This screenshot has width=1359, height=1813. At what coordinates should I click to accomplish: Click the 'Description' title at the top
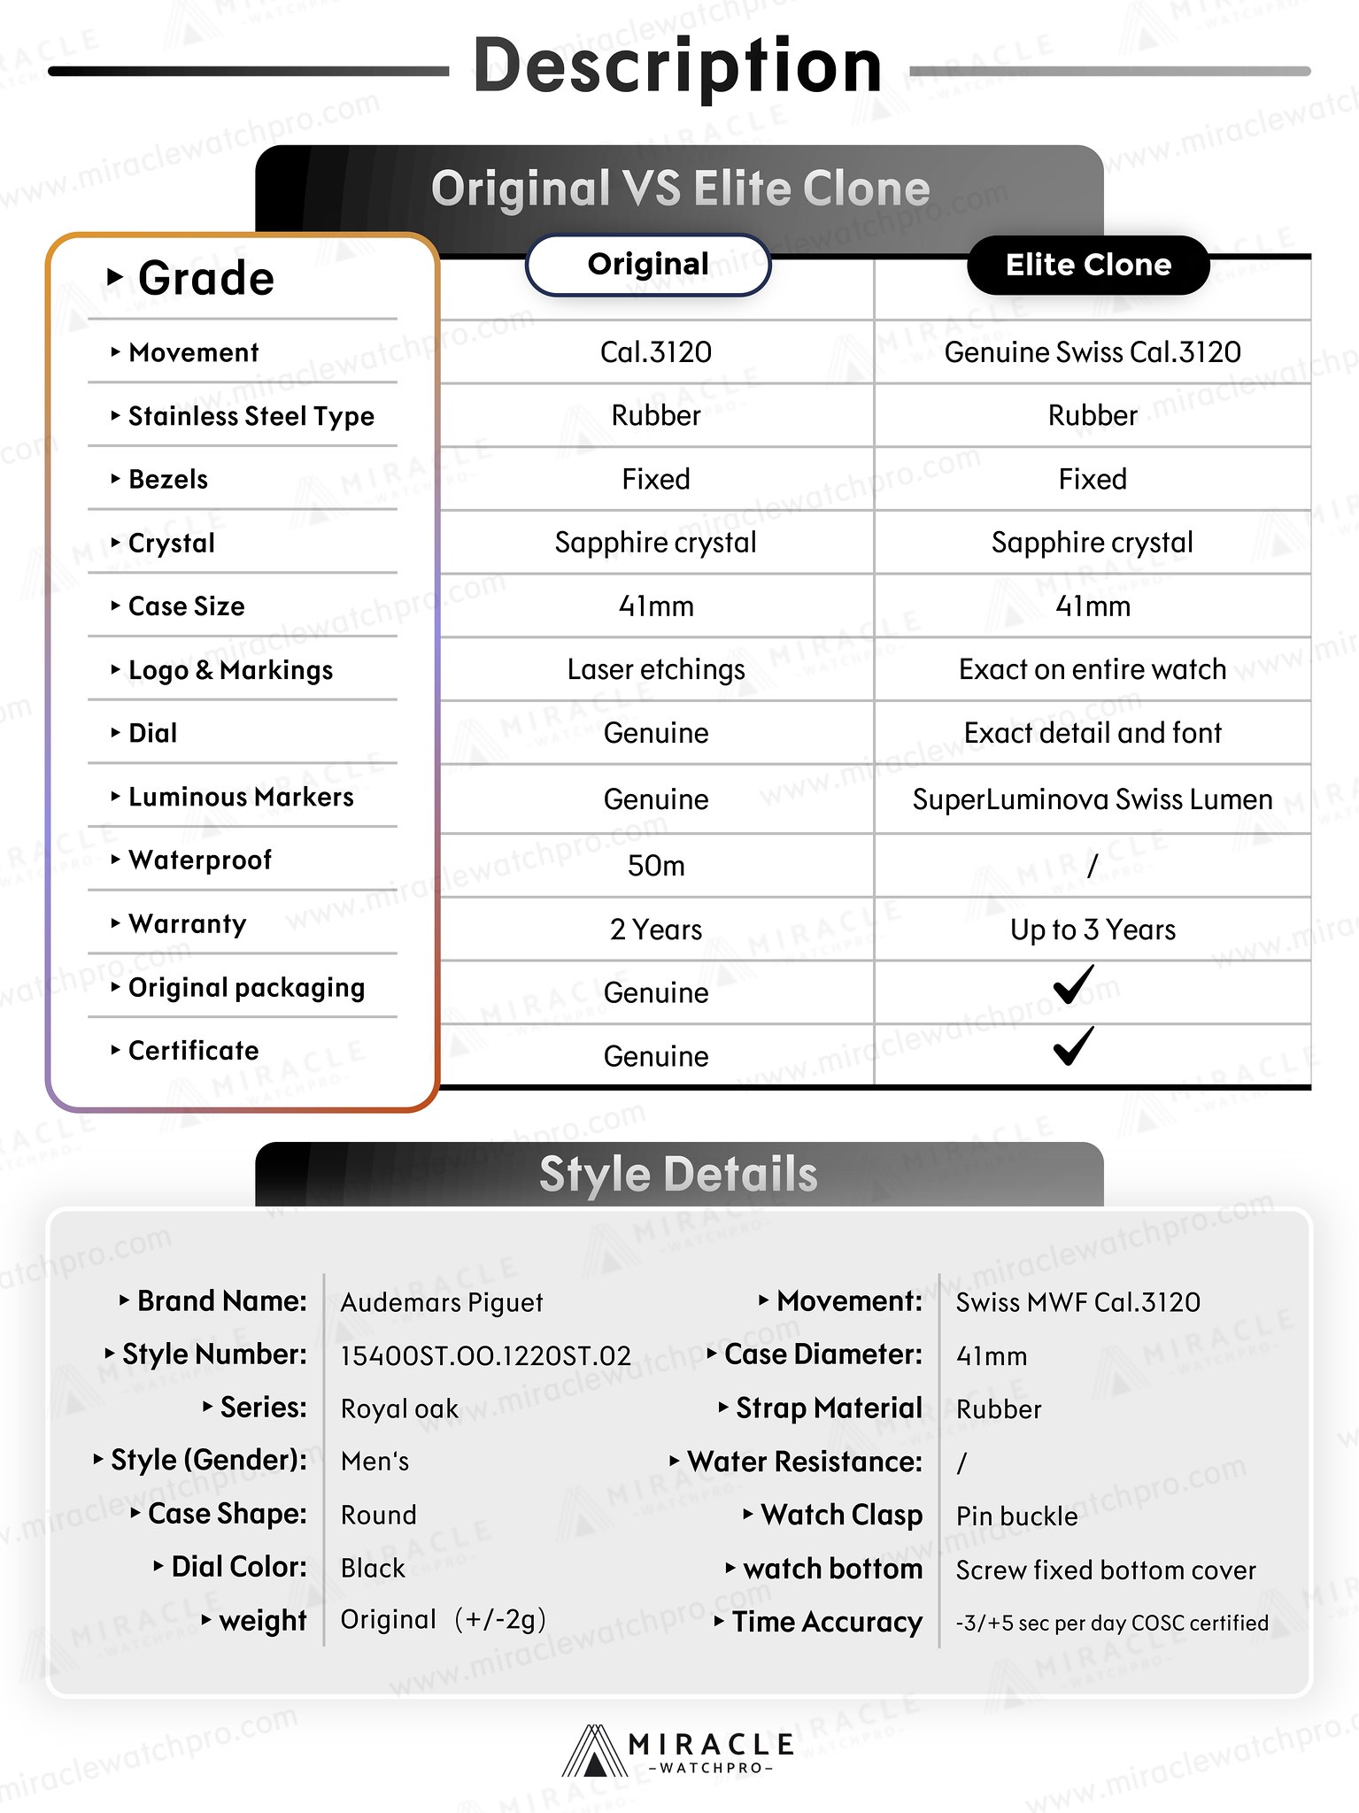pos(677,66)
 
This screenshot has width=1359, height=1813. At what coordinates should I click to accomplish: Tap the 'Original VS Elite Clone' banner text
pos(680,189)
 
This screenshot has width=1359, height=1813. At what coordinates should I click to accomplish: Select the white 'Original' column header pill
pos(648,264)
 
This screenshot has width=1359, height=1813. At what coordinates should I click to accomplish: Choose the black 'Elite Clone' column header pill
pos(1088,265)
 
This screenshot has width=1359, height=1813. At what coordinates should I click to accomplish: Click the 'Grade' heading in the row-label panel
pos(205,279)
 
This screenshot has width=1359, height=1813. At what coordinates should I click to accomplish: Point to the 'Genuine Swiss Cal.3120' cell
pos(1093,352)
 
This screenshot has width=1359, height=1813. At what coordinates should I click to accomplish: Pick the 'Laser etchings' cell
pos(656,670)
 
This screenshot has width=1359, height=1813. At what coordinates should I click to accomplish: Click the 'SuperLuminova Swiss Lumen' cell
pos(1093,799)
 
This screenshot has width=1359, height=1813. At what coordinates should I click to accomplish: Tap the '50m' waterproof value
pos(656,866)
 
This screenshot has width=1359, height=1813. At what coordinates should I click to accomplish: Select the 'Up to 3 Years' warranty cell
pos(1093,930)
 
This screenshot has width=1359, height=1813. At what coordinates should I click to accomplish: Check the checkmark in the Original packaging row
pos(1073,984)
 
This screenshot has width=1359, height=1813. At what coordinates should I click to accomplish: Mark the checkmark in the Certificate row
pos(1073,1046)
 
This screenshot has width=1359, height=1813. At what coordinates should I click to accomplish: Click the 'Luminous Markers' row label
pos(241,797)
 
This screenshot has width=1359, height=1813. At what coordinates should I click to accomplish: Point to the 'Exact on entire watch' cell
pos(1093,670)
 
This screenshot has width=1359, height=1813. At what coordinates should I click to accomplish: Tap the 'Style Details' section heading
pos(678,1175)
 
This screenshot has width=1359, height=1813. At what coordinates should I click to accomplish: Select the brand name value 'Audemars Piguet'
pos(442,1302)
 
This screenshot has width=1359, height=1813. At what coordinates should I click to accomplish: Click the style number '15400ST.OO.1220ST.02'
pos(485,1356)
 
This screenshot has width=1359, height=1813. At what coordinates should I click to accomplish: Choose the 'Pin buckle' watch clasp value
pos(1016,1516)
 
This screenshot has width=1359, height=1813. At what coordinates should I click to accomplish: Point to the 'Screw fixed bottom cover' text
pos(1106,1570)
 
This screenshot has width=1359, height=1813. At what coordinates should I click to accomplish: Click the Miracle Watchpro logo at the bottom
pos(678,1752)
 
